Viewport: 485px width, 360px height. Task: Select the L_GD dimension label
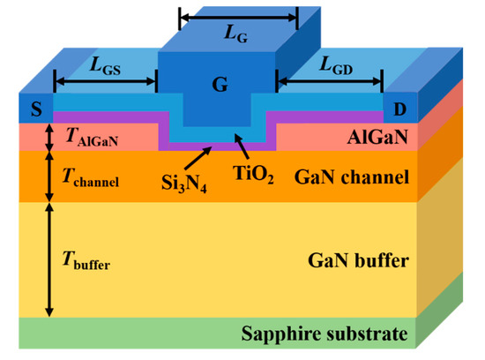[331, 66]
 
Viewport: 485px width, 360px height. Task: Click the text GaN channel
[357, 178]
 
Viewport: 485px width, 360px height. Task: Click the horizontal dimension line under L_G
[238, 17]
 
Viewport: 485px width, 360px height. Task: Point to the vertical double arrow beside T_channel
[49, 176]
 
